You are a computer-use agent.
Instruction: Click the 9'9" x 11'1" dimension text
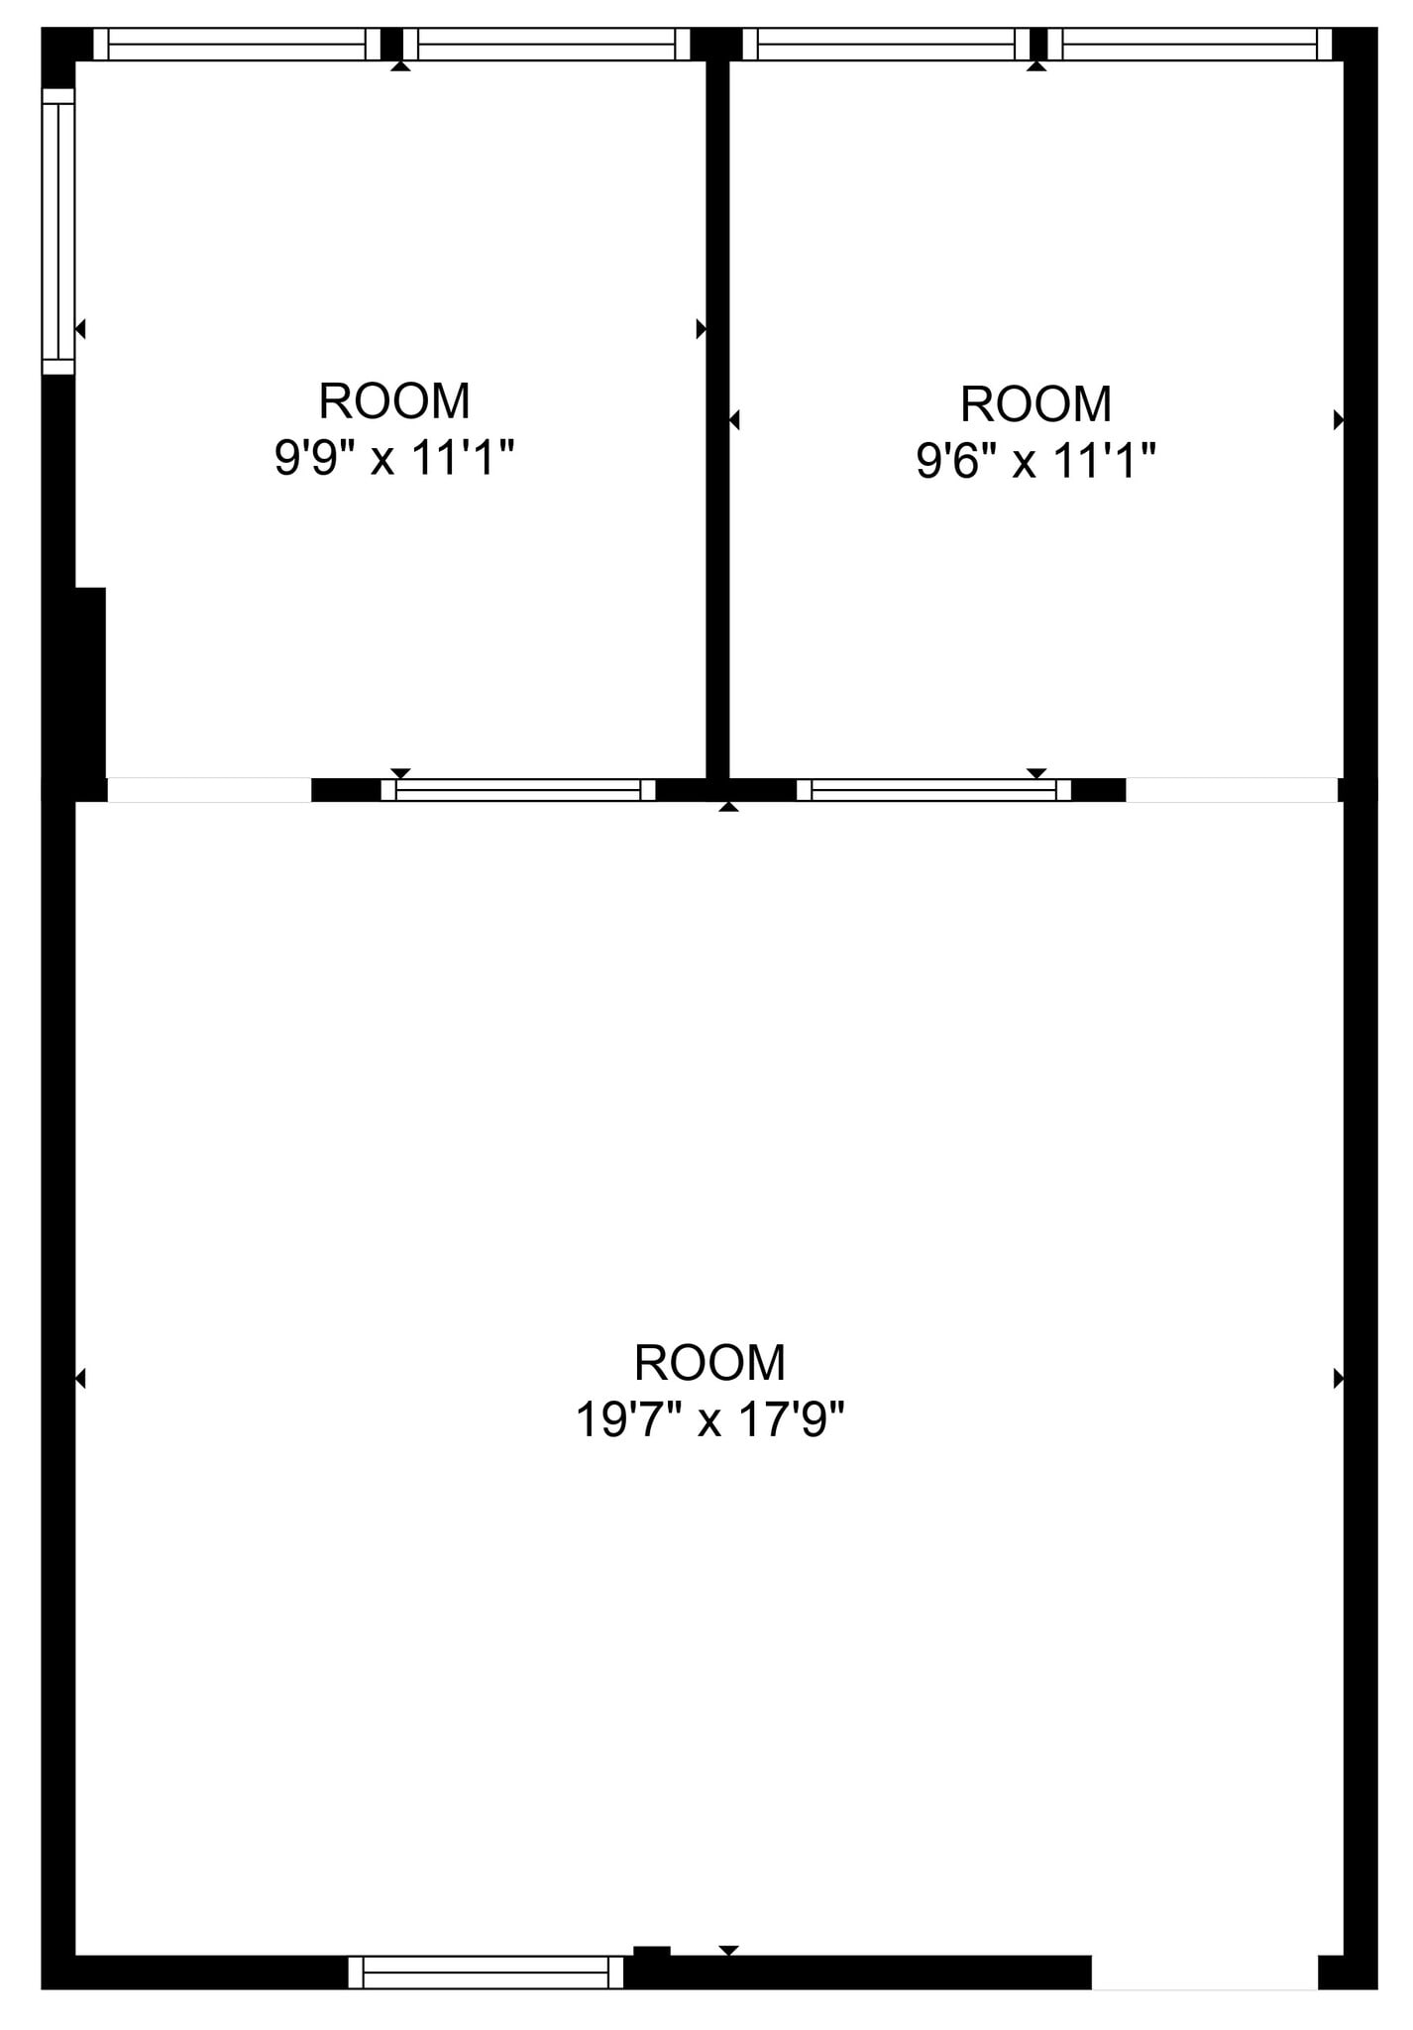tap(394, 459)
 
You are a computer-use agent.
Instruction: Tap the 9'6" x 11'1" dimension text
tap(1035, 461)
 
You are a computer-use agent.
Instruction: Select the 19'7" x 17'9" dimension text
tap(709, 1420)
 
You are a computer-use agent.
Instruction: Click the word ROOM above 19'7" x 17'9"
tap(709, 1363)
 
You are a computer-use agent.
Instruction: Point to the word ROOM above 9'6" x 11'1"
tap(1035, 404)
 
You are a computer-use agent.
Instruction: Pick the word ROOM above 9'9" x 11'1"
tap(394, 401)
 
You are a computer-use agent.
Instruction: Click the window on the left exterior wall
tap(58, 231)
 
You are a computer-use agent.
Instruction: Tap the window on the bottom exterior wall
tap(486, 1973)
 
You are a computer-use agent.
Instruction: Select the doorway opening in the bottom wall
tap(1204, 1973)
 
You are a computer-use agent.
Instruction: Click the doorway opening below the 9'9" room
tap(208, 790)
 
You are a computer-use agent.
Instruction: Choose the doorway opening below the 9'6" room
tap(1232, 790)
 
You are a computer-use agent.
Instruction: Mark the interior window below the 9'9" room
tap(518, 790)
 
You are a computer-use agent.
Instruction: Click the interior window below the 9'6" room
tap(933, 790)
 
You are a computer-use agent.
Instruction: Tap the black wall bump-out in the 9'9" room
tap(89, 684)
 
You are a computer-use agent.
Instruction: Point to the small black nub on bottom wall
tap(651, 1952)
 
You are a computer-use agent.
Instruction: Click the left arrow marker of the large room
tap(80, 1378)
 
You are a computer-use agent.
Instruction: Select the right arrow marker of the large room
tap(1338, 1378)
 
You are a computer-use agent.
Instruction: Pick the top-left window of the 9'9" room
tap(236, 45)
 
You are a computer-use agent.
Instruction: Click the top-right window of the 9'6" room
tap(1189, 45)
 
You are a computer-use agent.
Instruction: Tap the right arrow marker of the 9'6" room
tap(1338, 420)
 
